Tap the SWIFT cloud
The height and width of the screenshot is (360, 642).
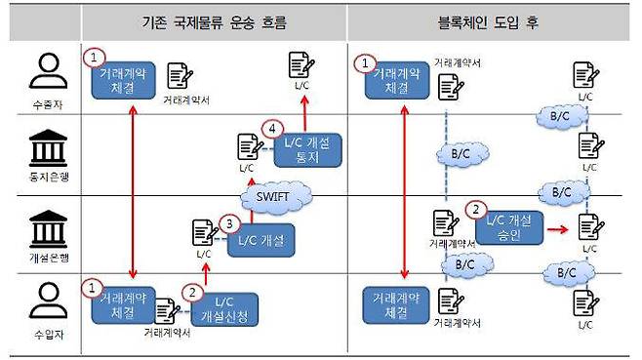(279, 195)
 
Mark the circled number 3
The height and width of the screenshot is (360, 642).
(227, 221)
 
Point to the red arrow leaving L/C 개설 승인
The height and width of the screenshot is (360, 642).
(558, 231)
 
